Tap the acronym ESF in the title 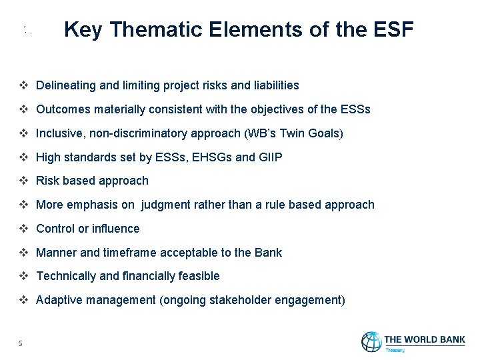point(391,30)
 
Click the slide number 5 point(21,343)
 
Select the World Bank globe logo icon point(371,342)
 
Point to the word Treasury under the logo point(395,349)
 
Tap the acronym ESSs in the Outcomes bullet point(356,109)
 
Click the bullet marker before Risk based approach point(23,181)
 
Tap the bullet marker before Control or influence point(23,229)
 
